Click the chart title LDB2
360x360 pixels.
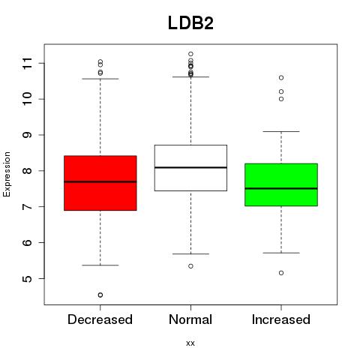pyautogui.click(x=190, y=23)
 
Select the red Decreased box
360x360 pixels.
pyautogui.click(x=100, y=183)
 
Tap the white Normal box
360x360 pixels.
pyautogui.click(x=190, y=168)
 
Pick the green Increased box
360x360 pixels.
pyautogui.click(x=281, y=184)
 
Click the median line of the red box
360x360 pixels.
pyautogui.click(x=100, y=181)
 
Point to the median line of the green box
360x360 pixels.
pyautogui.click(x=281, y=188)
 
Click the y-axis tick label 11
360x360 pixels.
pyautogui.click(x=28, y=63)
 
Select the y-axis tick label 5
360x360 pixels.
pyautogui.click(x=28, y=278)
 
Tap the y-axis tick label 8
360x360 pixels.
pyautogui.click(x=28, y=171)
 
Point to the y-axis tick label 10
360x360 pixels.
pyautogui.click(x=28, y=99)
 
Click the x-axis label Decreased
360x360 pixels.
pyautogui.click(x=100, y=319)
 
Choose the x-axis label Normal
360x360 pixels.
pyautogui.click(x=190, y=319)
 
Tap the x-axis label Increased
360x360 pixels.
pyautogui.click(x=281, y=319)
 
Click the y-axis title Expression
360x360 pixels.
pyautogui.click(x=7, y=174)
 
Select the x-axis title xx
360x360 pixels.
pyautogui.click(x=190, y=343)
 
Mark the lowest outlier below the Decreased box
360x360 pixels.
pyautogui.click(x=100, y=295)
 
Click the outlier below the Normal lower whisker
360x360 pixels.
pyautogui.click(x=190, y=266)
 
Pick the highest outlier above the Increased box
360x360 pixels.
pyautogui.click(x=281, y=78)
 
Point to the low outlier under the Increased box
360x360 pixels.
pyautogui.click(x=281, y=273)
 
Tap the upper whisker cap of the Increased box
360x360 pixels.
pyautogui.click(x=281, y=131)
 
